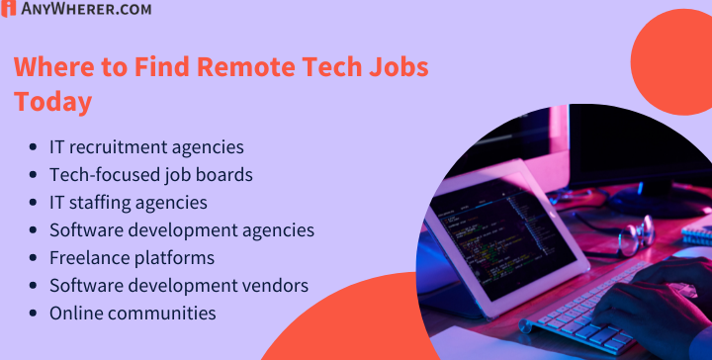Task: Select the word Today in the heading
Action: [x=52, y=101]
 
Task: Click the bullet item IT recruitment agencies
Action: [x=146, y=147]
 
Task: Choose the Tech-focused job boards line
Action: [x=151, y=175]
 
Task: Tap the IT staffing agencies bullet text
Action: [x=129, y=203]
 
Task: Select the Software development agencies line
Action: [x=182, y=230]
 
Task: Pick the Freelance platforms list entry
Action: [x=132, y=258]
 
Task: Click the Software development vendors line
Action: [x=179, y=286]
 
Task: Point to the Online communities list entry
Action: [x=133, y=314]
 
